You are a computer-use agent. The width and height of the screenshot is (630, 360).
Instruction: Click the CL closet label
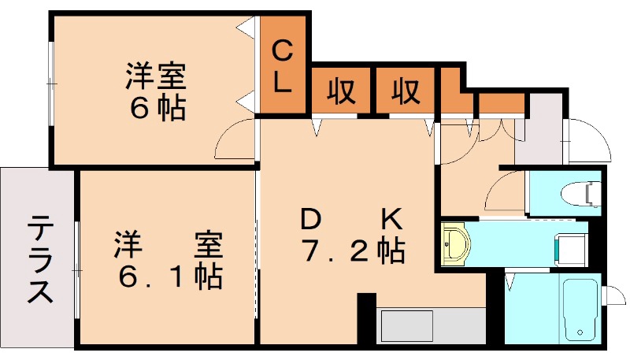pos(284,66)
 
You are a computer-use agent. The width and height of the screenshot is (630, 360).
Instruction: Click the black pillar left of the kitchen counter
pos(366,318)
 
